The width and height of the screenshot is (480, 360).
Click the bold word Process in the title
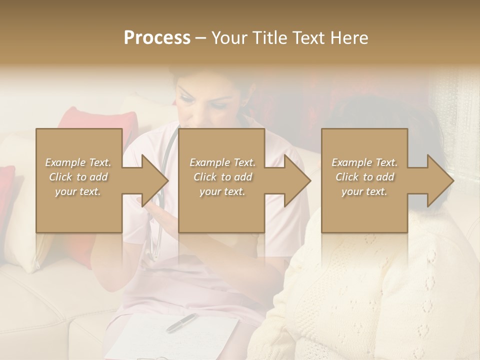click(x=157, y=38)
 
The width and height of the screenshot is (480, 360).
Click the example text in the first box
click(x=78, y=177)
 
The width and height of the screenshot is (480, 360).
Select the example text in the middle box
click(x=222, y=177)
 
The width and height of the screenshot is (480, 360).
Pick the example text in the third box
click(x=364, y=177)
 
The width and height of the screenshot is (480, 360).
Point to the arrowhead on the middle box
click(x=297, y=180)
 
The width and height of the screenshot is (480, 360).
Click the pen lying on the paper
click(x=180, y=322)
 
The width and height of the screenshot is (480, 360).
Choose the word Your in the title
click(x=229, y=38)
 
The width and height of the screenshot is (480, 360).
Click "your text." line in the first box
click(x=78, y=191)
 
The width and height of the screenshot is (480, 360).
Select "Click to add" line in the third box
click(x=364, y=177)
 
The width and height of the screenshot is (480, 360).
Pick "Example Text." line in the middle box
click(x=222, y=162)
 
